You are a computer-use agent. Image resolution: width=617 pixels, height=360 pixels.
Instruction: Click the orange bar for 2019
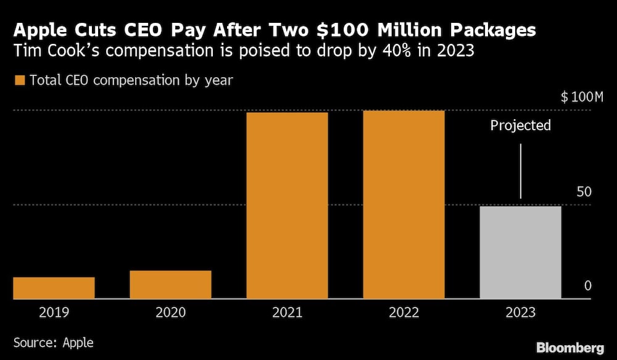click(x=54, y=288)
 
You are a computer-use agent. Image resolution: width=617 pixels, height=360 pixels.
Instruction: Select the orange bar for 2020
click(x=170, y=285)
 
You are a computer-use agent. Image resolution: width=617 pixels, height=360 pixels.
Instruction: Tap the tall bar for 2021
click(x=287, y=206)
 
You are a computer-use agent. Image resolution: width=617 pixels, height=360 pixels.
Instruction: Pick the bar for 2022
click(x=404, y=205)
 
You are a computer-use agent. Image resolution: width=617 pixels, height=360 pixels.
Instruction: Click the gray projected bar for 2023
click(x=520, y=252)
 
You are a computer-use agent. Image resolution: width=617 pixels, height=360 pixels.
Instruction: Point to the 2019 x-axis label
click(x=54, y=313)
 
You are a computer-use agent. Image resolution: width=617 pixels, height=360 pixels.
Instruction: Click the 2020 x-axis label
click(x=170, y=313)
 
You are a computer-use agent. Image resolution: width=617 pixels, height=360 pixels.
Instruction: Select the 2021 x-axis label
click(x=287, y=313)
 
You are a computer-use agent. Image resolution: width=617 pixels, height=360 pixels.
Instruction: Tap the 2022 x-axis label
click(x=404, y=313)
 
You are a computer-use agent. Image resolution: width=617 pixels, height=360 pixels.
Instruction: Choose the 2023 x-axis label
click(x=520, y=313)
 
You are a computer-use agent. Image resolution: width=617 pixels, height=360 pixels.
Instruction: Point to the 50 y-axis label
click(x=584, y=191)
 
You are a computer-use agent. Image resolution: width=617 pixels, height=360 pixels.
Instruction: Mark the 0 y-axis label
click(x=587, y=286)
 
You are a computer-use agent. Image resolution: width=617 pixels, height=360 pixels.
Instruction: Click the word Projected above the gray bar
click(x=520, y=126)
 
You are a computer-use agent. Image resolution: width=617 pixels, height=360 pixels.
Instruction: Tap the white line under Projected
click(x=521, y=171)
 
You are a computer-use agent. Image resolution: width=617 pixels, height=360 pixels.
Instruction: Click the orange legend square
click(x=19, y=80)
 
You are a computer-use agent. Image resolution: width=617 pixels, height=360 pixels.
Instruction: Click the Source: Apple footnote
click(x=54, y=341)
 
